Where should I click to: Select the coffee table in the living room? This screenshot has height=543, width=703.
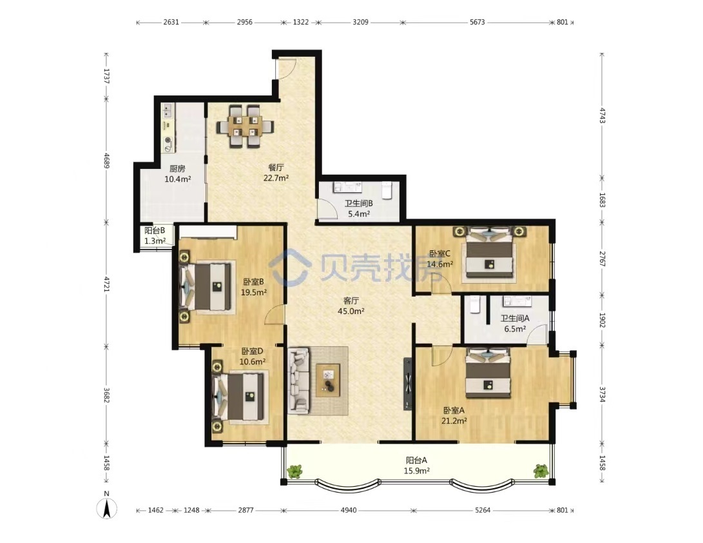(328, 380)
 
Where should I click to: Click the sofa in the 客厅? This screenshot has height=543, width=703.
(299, 380)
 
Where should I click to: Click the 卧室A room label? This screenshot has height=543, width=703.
(454, 410)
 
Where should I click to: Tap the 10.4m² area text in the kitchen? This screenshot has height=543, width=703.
(178, 179)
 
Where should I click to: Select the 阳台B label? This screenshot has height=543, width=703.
(155, 231)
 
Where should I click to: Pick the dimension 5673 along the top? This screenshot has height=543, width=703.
(477, 22)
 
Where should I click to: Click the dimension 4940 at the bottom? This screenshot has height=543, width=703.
(349, 510)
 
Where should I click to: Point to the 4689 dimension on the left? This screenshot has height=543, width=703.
(107, 161)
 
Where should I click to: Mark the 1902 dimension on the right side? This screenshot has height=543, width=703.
(602, 321)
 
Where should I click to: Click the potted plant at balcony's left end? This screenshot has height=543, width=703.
(294, 471)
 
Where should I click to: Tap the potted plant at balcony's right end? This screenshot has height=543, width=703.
(541, 471)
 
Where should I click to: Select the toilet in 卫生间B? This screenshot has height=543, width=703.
(387, 190)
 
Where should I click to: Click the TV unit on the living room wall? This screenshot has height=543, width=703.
(407, 383)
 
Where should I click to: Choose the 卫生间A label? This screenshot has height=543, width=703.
(515, 318)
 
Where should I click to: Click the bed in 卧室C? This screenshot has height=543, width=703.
(488, 253)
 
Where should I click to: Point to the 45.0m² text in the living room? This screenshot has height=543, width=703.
(351, 311)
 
